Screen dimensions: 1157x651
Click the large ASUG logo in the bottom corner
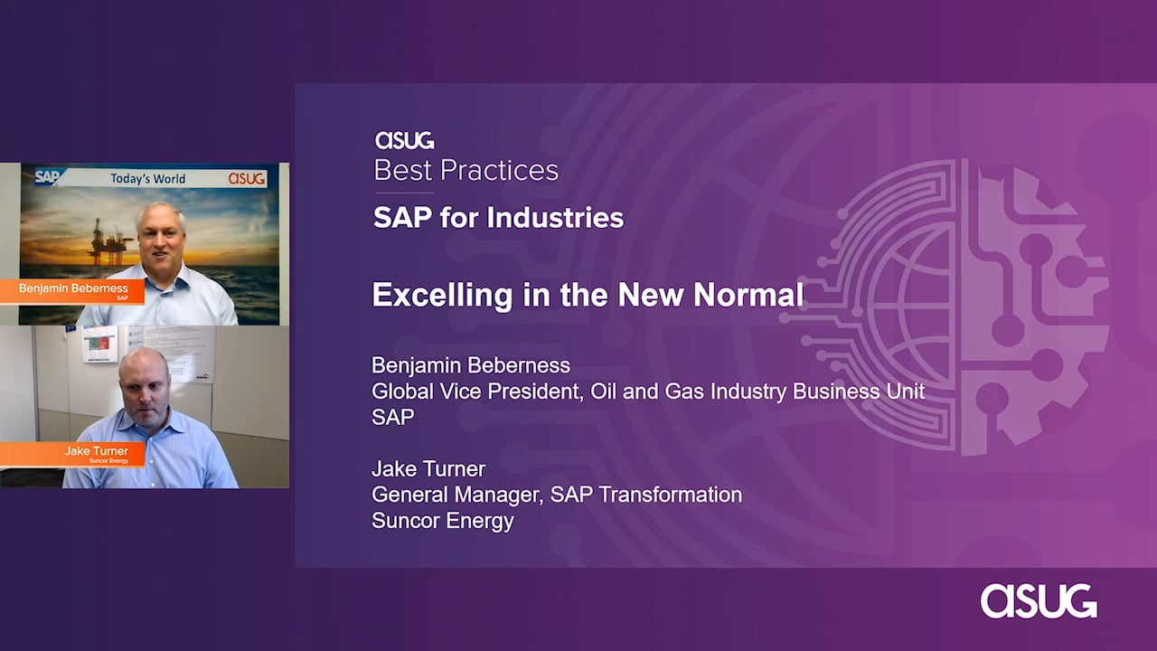[x=1039, y=601]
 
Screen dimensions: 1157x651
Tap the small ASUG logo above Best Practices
[x=404, y=140]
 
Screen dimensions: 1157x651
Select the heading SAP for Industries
[x=498, y=218]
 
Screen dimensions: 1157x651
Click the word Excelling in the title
[x=442, y=295]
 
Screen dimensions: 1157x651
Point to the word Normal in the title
[x=748, y=295]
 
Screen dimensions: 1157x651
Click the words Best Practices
[x=466, y=171]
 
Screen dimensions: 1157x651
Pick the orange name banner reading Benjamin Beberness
[x=71, y=291]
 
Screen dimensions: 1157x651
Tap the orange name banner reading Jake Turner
[x=71, y=454]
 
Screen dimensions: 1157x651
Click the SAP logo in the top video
[x=48, y=177]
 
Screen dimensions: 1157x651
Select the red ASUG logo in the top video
[x=247, y=178]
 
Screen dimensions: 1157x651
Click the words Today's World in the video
[x=147, y=179]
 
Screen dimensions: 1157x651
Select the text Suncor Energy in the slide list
[x=443, y=521]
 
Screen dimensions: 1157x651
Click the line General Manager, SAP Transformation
[x=557, y=495]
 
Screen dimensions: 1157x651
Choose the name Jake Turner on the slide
[x=428, y=469]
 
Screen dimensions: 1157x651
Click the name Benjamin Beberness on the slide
[x=471, y=365]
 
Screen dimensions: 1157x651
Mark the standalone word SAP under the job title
[x=393, y=417]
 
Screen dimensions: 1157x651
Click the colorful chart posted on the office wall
[x=99, y=344]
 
